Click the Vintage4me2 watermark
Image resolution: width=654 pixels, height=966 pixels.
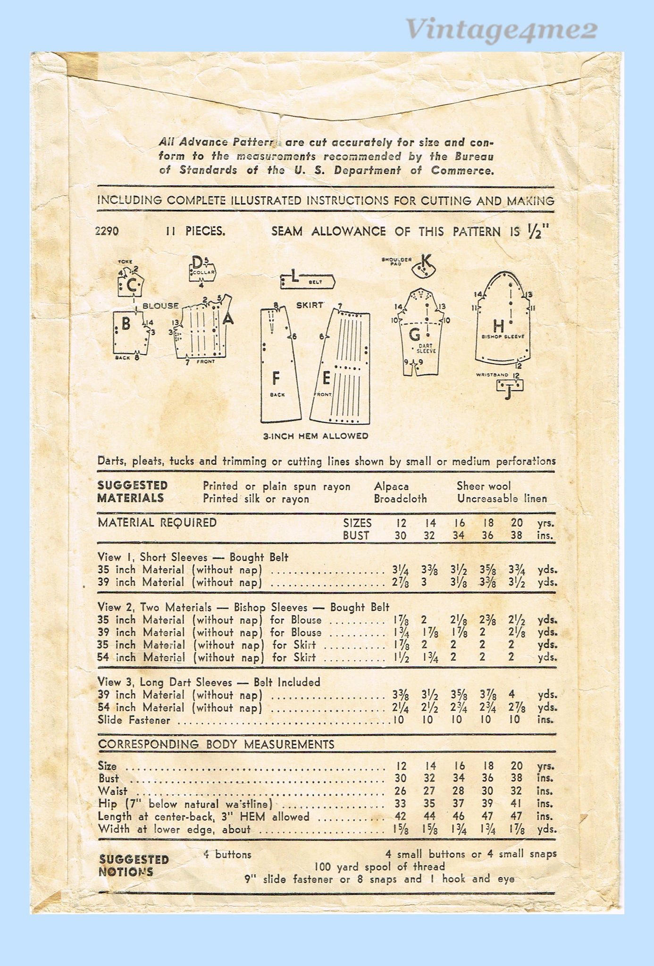502,29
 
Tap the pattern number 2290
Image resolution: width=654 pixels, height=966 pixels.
107,231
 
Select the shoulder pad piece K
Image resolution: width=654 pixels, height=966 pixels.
423,268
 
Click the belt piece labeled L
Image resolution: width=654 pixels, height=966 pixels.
307,281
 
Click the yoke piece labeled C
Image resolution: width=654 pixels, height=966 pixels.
131,284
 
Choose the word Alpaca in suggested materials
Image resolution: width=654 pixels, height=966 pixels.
391,486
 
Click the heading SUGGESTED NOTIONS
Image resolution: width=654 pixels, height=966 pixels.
134,866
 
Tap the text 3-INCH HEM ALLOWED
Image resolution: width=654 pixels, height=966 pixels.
316,436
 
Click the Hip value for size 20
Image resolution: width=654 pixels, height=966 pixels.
516,804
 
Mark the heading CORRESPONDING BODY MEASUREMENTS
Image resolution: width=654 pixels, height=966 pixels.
216,744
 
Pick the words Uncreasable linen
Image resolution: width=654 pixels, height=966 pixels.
502,499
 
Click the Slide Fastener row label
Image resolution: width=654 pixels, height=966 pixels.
134,720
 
